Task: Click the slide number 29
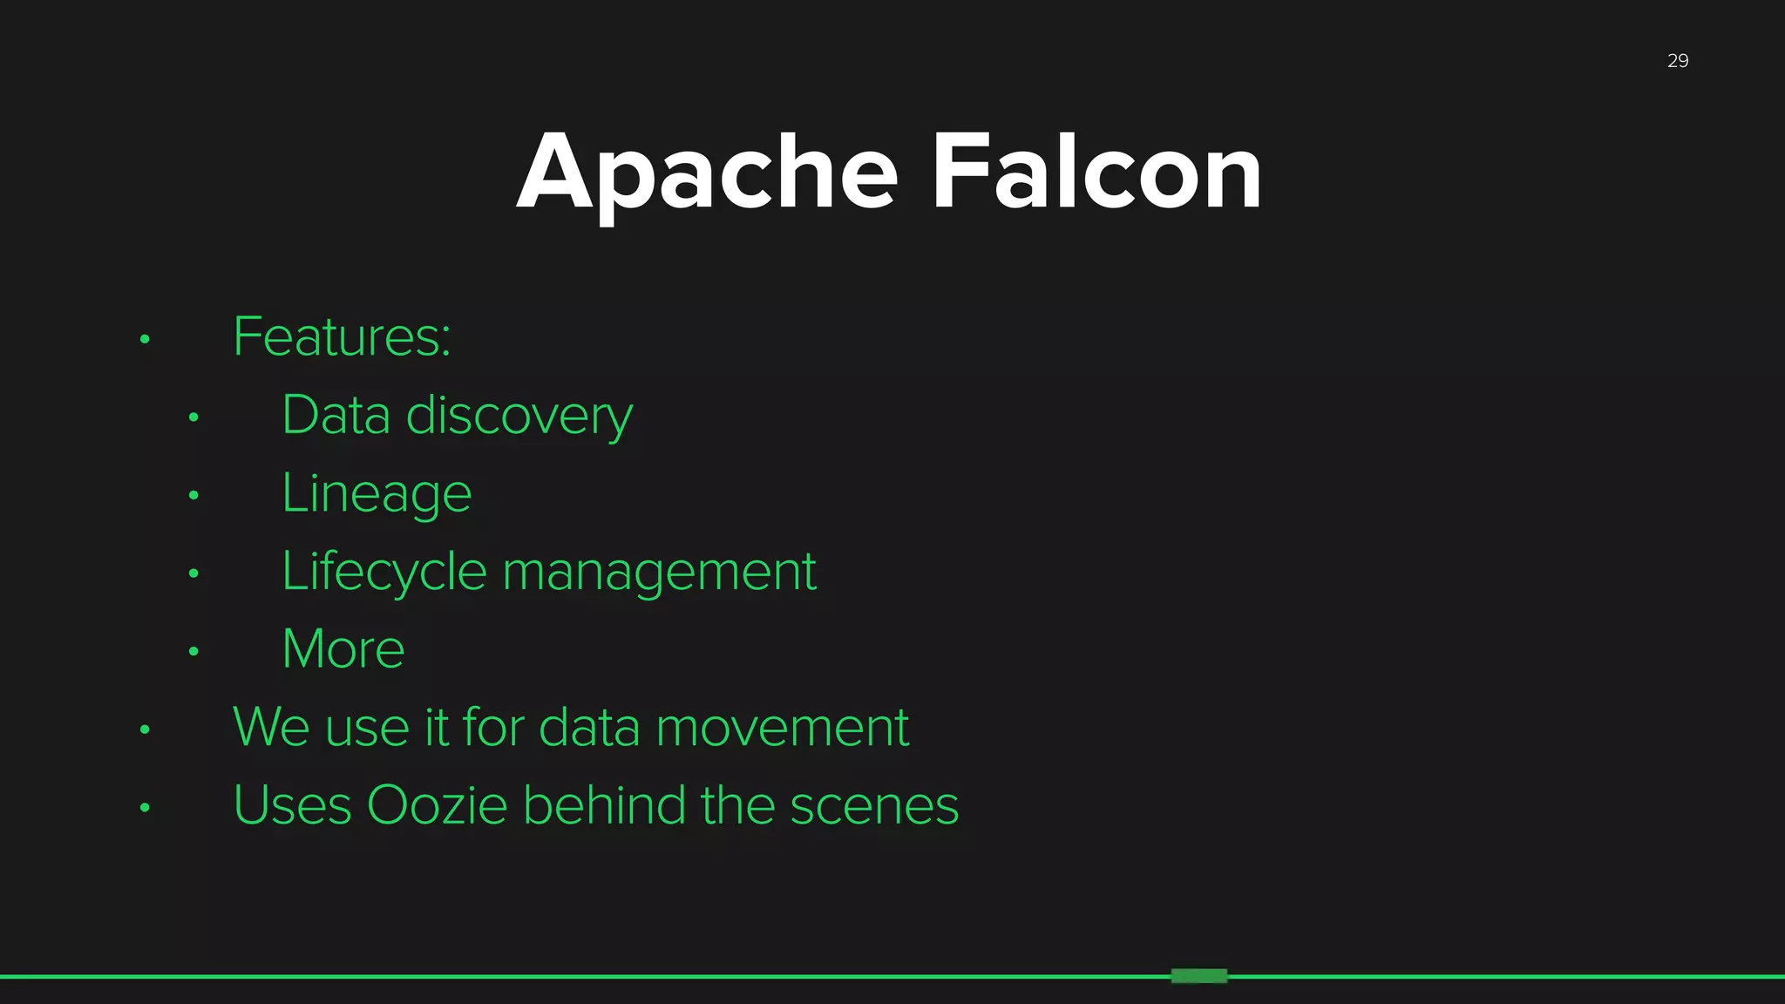(1677, 61)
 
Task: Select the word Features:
(342, 337)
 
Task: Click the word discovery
(519, 417)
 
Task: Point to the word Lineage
(377, 494)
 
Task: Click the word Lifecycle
(383, 573)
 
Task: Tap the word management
(660, 573)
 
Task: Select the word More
(343, 649)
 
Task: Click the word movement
(782, 728)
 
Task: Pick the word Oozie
(437, 805)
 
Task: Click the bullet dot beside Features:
(145, 339)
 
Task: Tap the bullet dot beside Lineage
(193, 496)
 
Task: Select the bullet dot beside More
(193, 651)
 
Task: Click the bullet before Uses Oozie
(145, 808)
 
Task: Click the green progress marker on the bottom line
(1198, 976)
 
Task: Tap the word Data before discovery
(336, 416)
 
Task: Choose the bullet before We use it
(145, 729)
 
